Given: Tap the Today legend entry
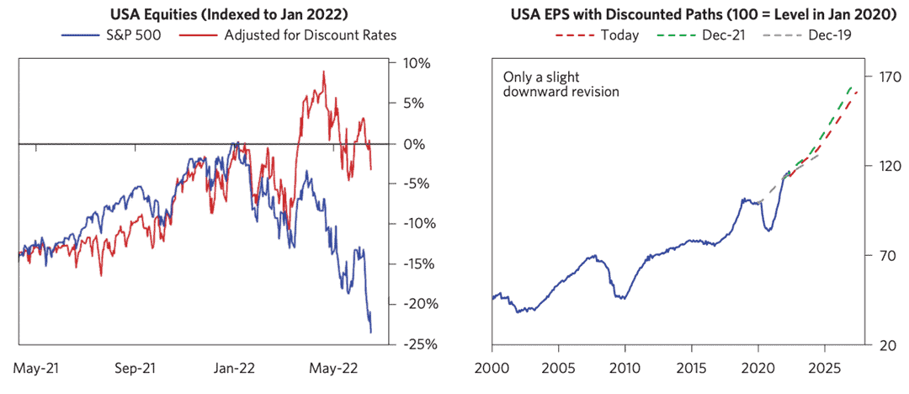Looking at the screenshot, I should (x=619, y=35).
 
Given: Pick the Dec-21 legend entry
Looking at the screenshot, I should (x=716, y=35).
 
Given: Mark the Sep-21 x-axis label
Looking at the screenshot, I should (x=135, y=367).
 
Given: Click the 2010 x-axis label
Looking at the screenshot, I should (x=625, y=367).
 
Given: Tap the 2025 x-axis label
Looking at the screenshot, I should (x=825, y=367).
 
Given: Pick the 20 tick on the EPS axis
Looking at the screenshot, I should (x=881, y=344).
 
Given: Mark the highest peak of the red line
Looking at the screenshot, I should (x=324, y=72).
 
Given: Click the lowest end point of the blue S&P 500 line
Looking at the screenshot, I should (x=371, y=333).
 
